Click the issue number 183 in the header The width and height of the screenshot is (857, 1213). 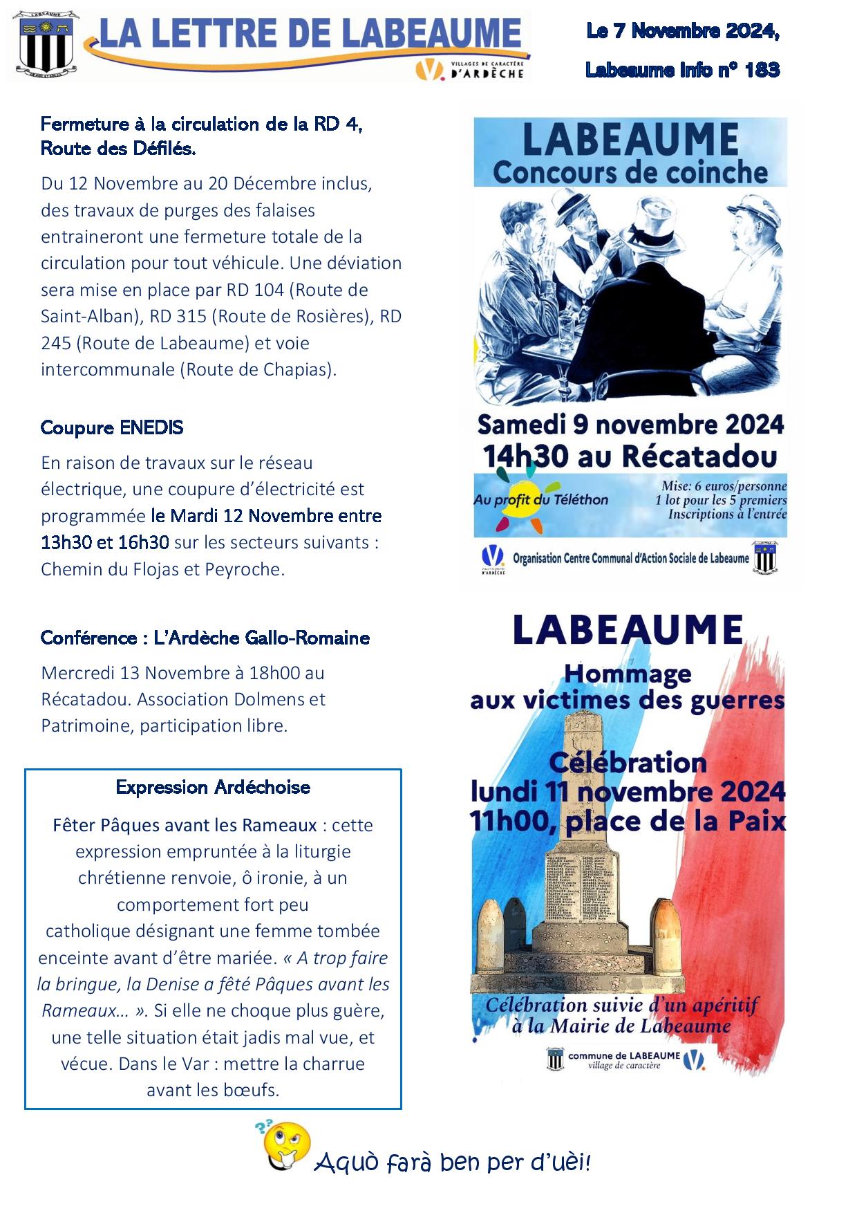click(x=762, y=70)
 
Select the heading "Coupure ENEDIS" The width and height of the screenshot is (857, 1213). click(x=112, y=427)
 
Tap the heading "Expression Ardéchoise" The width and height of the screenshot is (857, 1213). click(x=213, y=787)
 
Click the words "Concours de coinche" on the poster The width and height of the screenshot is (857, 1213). click(x=630, y=172)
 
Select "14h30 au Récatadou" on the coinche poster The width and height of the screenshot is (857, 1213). click(x=630, y=456)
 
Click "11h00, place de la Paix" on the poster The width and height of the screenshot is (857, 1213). click(x=628, y=821)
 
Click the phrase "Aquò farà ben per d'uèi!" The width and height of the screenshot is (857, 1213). click(x=453, y=1163)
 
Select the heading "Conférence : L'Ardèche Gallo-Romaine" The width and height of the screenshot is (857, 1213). click(x=205, y=638)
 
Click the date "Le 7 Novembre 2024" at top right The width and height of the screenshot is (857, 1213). click(x=682, y=31)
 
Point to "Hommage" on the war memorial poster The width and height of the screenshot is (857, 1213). click(x=628, y=673)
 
